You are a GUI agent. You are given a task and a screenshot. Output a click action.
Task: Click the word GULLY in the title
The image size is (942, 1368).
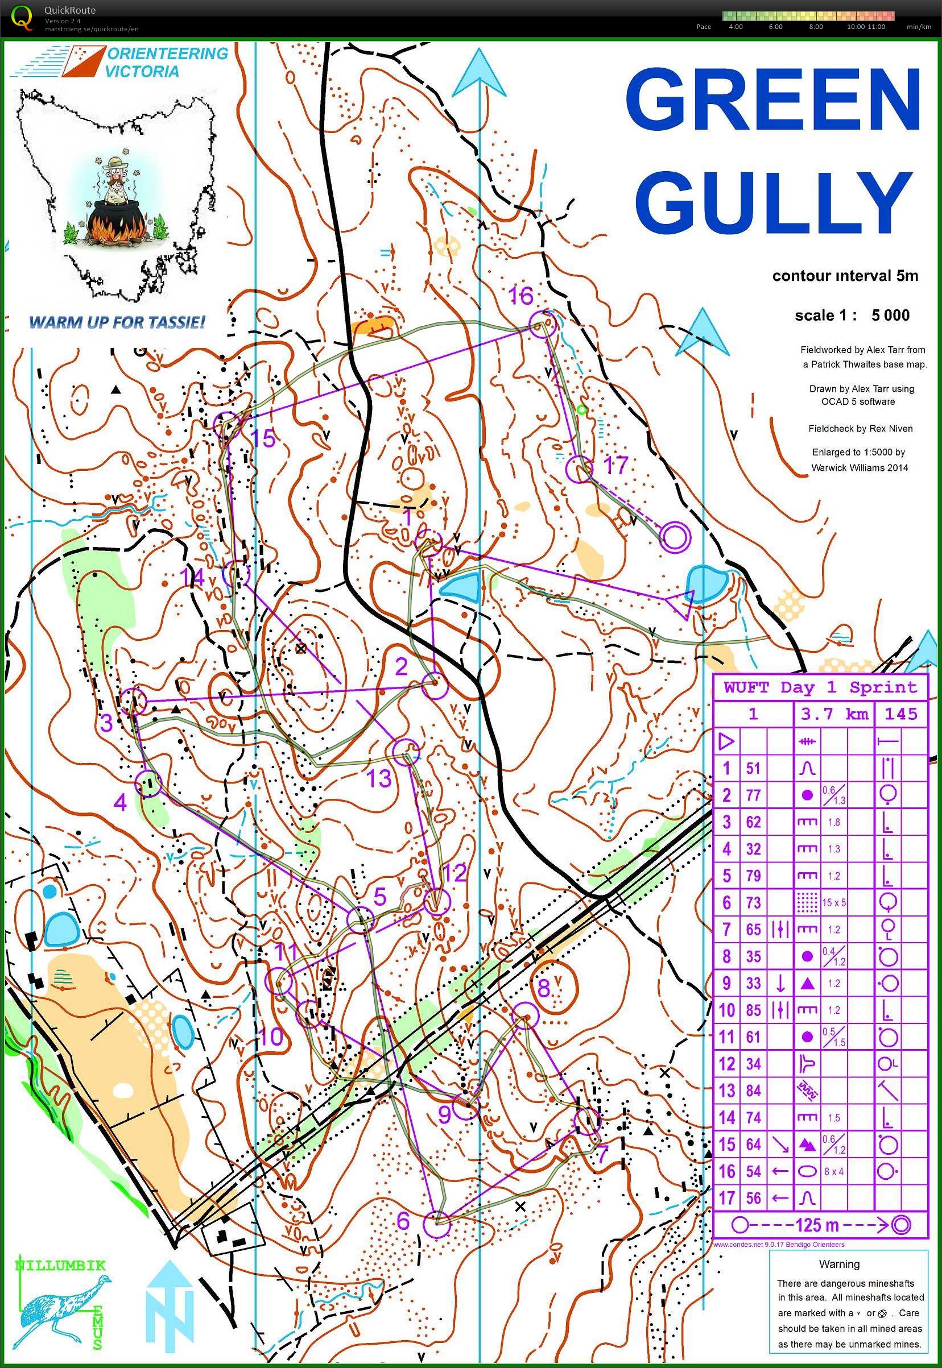pyautogui.click(x=772, y=204)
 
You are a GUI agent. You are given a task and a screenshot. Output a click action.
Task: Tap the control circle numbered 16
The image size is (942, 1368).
pyautogui.click(x=542, y=325)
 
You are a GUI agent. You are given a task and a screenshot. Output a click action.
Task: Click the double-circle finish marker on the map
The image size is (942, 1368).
pyautogui.click(x=675, y=537)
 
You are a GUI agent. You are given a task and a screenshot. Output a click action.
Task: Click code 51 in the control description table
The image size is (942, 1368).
pyautogui.click(x=753, y=768)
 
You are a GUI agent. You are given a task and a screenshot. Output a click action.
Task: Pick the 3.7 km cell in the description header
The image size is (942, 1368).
pyautogui.click(x=834, y=714)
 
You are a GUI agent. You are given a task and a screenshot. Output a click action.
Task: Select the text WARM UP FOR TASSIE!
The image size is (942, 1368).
pyautogui.click(x=117, y=322)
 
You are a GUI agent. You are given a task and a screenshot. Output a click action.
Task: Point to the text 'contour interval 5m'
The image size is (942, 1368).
pyautogui.click(x=845, y=276)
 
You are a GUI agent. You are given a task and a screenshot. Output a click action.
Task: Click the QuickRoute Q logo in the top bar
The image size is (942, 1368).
pyautogui.click(x=22, y=16)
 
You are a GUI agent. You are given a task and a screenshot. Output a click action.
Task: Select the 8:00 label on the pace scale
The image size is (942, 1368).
pyautogui.click(x=815, y=27)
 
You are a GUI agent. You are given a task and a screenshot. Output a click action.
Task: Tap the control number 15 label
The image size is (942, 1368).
pyautogui.click(x=263, y=438)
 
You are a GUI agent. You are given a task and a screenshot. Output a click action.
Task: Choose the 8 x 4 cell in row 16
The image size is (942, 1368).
pyautogui.click(x=833, y=1171)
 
